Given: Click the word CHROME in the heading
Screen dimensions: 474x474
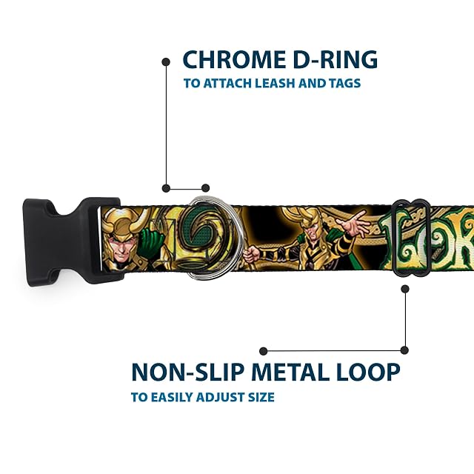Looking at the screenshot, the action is point(234,59).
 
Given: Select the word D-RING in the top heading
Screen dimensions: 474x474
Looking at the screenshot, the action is point(336,59).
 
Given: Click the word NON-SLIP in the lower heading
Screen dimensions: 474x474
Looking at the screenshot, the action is point(188,372).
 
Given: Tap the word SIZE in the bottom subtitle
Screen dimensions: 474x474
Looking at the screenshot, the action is point(261,397).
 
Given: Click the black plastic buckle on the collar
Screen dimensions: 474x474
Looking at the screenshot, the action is point(71,240).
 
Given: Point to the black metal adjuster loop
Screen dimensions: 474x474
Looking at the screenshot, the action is point(411,238).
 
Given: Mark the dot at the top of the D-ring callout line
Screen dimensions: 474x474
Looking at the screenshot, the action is point(166,62).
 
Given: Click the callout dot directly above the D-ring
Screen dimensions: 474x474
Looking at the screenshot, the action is point(206,188).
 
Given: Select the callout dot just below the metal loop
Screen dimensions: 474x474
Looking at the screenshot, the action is point(405,289).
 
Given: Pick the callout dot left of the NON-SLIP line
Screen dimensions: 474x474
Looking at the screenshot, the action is point(264,351).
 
